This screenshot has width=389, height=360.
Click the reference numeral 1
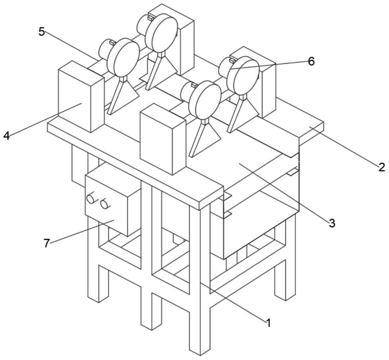click(268, 323)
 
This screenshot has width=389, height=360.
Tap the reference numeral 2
click(382, 167)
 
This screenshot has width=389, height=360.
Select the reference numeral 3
click(332, 223)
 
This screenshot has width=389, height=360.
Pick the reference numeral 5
click(41, 32)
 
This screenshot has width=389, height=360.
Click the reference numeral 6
click(311, 61)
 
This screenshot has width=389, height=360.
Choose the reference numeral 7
click(47, 243)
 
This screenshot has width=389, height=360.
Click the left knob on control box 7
click(91, 198)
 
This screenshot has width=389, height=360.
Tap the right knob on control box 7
click(104, 204)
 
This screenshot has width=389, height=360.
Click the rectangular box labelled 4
click(81, 96)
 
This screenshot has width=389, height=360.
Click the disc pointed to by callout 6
click(243, 75)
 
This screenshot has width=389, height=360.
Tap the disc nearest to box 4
click(123, 58)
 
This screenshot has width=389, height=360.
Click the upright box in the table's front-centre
click(163, 139)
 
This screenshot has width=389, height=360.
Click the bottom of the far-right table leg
click(285, 297)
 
